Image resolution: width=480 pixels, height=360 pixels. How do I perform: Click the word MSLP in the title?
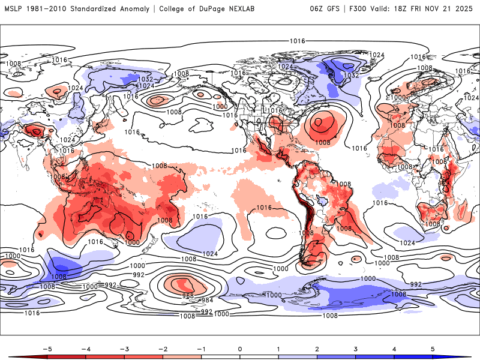[14, 9]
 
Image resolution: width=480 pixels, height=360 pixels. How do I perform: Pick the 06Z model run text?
[317, 9]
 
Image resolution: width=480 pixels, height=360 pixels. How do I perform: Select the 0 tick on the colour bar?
[240, 349]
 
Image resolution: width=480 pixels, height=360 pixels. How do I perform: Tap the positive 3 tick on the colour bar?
[355, 349]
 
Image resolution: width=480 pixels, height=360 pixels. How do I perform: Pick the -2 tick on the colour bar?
[163, 349]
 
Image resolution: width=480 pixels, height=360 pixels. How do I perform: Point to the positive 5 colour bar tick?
[432, 349]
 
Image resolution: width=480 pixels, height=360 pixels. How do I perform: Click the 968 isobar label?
[188, 296]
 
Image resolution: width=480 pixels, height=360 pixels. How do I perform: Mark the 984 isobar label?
[206, 300]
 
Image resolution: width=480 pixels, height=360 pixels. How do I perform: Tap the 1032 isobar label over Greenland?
[352, 76]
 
